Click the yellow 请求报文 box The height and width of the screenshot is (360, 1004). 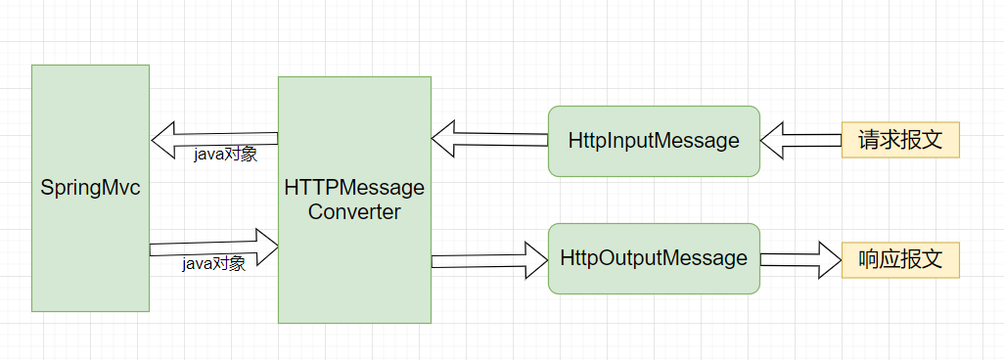[x=900, y=140]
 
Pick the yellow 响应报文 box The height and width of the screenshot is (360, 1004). [x=900, y=259]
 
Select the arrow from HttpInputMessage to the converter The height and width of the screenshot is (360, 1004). [x=489, y=139]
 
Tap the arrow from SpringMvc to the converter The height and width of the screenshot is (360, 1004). [x=210, y=247]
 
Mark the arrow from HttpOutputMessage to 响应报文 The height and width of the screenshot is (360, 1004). [x=798, y=259]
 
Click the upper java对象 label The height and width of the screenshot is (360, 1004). [x=224, y=155]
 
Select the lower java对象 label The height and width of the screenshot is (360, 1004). [x=213, y=264]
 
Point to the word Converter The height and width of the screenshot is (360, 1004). [x=354, y=211]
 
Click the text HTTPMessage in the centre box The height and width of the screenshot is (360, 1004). [x=354, y=187]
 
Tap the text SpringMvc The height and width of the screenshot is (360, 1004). [x=90, y=187]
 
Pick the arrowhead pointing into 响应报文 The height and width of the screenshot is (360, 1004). [x=829, y=259]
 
